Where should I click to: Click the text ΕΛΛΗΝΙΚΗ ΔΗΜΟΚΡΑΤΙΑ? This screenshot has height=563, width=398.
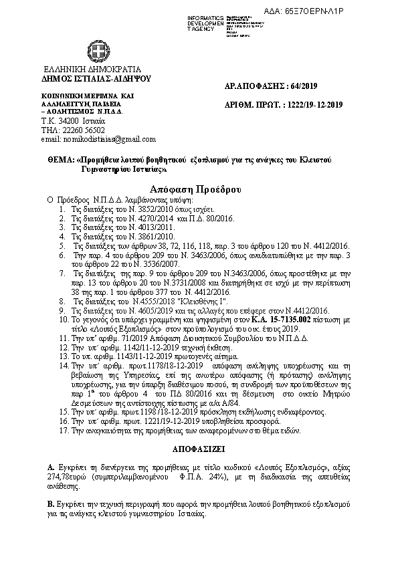[x=92, y=69]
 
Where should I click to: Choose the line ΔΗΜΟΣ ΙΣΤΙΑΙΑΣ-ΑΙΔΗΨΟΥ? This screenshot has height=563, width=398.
[x=96, y=78]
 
